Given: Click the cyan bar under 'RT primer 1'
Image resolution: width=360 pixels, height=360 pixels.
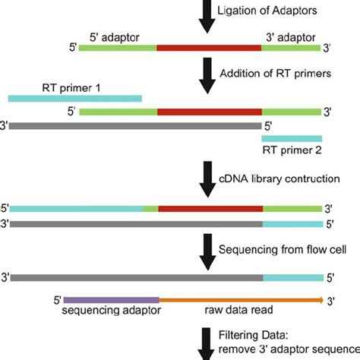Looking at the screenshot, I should click(74, 97).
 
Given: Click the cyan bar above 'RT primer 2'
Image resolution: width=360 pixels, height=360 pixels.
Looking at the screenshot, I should click(292, 138).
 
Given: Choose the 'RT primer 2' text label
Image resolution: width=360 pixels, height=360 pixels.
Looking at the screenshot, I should click(292, 150).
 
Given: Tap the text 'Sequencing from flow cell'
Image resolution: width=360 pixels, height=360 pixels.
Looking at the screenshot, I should click(276, 248).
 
